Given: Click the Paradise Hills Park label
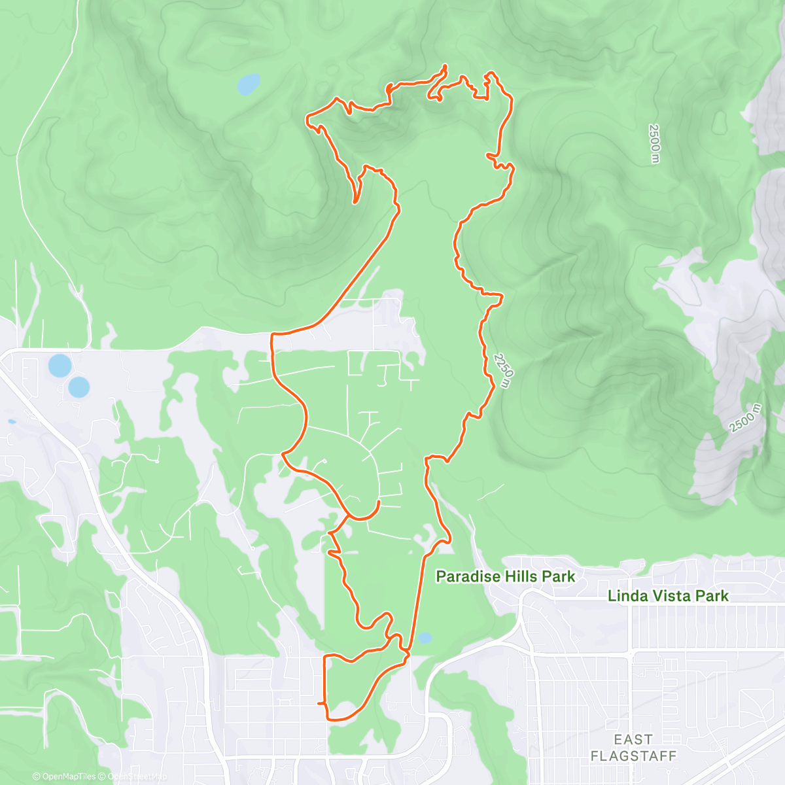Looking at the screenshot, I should tap(505, 576).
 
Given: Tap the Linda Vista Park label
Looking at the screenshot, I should tap(668, 596).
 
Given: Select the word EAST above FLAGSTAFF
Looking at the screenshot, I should tap(633, 739).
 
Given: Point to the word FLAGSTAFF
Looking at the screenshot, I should tap(633, 756).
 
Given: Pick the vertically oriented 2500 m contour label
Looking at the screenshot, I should tap(654, 143).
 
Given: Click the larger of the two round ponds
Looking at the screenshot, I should tap(59, 366).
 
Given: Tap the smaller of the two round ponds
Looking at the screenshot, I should tap(79, 387).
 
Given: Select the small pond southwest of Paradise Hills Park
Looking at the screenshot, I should tap(425, 637).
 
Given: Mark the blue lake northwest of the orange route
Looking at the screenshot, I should tap(248, 84).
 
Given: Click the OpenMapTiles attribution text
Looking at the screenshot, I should tap(63, 776).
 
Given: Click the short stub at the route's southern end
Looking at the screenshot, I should tap(321, 703).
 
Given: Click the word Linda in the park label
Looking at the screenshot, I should tap(627, 596).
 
